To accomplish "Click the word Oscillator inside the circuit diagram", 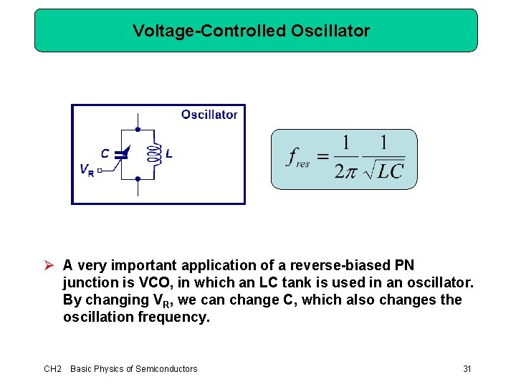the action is point(209,115).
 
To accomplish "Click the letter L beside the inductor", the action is point(168,153).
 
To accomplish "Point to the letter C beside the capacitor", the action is point(105,153).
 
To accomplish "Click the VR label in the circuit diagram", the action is point(86,171).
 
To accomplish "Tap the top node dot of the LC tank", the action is point(137,129).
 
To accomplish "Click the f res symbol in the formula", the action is point(298,158).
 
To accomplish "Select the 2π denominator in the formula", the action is point(345,171).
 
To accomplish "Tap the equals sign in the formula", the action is point(323,156).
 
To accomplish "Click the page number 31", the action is point(467,368).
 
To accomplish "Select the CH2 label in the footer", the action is point(52,368).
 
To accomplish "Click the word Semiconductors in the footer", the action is point(166,368).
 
